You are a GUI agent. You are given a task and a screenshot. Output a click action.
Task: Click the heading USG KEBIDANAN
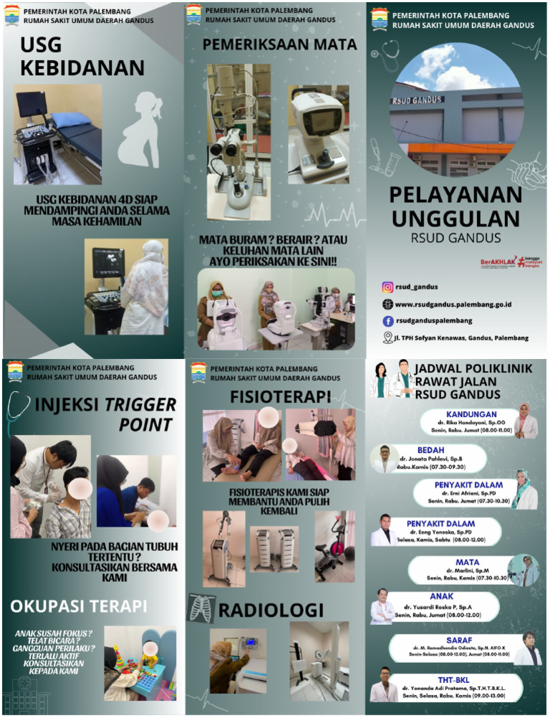(x=82, y=57)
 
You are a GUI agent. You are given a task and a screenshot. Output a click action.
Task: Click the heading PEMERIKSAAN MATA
(x=279, y=44)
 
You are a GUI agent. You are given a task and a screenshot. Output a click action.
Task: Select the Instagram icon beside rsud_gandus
(x=387, y=287)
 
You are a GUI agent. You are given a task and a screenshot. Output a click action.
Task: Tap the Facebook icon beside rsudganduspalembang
(x=387, y=321)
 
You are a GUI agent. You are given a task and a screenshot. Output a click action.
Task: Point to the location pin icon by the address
(x=387, y=338)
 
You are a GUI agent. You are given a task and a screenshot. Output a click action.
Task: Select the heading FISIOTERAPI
(x=280, y=396)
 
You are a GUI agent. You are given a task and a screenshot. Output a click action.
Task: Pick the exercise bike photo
(x=334, y=546)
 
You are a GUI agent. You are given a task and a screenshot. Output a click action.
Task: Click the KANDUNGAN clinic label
(x=471, y=414)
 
